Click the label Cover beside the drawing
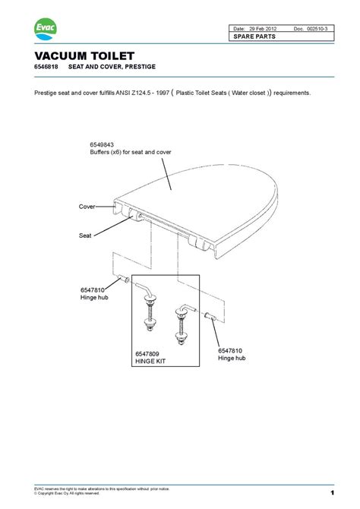tap(87, 206)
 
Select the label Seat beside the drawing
tap(85, 236)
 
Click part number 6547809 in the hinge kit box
tap(149, 354)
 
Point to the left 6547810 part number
tap(91, 290)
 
